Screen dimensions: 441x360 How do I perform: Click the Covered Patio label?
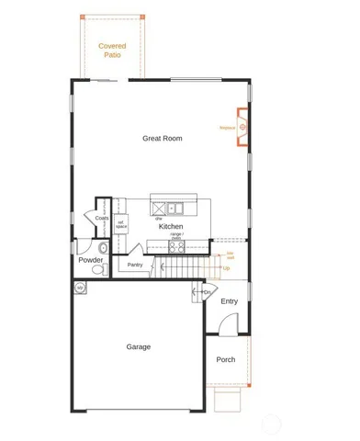coord(112,50)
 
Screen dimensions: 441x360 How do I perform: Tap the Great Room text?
coord(162,138)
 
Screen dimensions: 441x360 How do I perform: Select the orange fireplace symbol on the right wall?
coord(243,128)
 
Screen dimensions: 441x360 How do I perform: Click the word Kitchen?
coord(171,226)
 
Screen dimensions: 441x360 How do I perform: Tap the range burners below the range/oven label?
coord(176,244)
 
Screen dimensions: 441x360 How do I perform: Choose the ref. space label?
coord(120,223)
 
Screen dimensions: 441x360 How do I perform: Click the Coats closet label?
coord(101,218)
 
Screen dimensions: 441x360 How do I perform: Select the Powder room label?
coord(90,259)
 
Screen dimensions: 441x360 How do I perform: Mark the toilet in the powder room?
coord(104,249)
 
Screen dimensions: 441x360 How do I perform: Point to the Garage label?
coord(138,346)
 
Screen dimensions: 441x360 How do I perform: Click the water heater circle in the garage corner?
coord(80,288)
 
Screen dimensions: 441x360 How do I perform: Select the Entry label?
coord(229,301)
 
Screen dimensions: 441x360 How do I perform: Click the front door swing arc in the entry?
coord(229,322)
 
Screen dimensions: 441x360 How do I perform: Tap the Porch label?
coord(226,359)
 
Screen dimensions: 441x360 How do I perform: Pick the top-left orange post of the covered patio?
coord(81,17)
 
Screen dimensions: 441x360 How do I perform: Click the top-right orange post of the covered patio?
coord(143,17)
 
